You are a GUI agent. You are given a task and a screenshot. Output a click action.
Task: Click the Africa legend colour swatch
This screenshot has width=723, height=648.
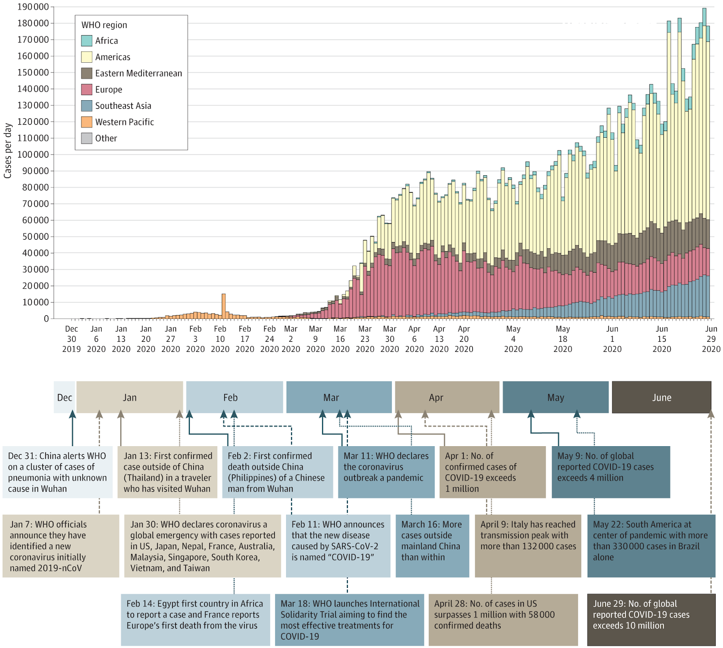tap(87, 41)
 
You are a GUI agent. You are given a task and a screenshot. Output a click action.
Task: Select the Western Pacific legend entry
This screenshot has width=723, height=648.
tap(124, 122)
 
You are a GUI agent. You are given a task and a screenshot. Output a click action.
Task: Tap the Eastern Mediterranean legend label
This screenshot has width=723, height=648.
tap(138, 73)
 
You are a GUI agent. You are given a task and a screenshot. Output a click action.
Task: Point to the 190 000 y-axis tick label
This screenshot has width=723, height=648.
tap(33, 7)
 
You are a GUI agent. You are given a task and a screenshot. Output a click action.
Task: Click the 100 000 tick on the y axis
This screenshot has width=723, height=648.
tap(33, 154)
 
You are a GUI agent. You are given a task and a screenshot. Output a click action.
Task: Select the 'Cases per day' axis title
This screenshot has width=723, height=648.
tap(8, 151)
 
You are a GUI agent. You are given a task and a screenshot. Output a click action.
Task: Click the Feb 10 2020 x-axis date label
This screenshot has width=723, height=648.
tap(220, 339)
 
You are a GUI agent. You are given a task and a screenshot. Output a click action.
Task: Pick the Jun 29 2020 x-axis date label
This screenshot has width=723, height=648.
tap(711, 339)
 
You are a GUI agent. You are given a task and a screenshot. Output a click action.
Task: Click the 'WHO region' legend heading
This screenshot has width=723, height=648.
tap(104, 25)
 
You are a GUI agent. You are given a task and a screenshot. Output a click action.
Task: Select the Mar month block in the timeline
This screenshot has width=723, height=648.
tap(339, 397)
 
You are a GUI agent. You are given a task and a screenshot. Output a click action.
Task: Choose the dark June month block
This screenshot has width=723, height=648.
tap(662, 397)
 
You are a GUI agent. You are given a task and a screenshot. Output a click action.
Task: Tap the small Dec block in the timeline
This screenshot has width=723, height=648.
tap(64, 397)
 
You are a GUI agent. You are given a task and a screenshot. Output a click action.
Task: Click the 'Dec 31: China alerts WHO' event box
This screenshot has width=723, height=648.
tap(57, 472)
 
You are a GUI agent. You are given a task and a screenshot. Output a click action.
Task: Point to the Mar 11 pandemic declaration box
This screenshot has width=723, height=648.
tap(386, 472)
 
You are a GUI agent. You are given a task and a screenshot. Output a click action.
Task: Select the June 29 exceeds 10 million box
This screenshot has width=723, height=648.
tap(651, 620)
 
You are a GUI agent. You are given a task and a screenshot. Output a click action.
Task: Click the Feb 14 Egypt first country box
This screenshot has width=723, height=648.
tap(196, 620)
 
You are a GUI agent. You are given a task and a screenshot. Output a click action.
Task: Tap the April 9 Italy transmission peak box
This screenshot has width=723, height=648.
tap(528, 546)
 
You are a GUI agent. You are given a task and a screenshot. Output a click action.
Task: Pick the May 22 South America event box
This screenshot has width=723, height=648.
tap(651, 546)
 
